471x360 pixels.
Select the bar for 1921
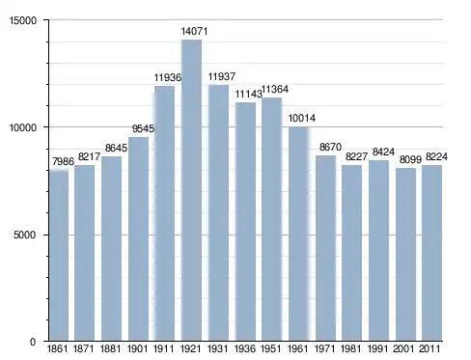191,190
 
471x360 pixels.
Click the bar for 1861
59,255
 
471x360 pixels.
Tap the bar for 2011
431,253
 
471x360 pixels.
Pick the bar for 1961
299,234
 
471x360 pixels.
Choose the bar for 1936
245,222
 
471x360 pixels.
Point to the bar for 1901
138,239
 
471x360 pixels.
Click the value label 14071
194,31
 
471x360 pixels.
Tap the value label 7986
64,161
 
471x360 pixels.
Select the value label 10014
302,118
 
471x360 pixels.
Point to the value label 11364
275,89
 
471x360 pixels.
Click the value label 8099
410,159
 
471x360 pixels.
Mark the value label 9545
143,128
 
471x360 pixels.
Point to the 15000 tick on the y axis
23,20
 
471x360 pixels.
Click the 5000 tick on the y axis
24,235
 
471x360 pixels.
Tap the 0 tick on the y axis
33,342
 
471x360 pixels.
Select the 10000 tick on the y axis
23,127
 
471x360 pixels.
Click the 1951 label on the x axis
271,348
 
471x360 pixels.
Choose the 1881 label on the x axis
110,348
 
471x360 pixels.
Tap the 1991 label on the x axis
378,348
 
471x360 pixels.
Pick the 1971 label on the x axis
325,348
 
